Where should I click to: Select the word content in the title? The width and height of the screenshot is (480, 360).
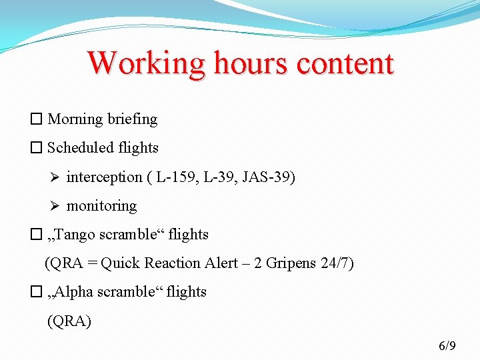[x=345, y=63]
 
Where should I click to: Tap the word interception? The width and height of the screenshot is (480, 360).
[x=104, y=177]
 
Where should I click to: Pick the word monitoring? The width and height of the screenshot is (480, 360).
[x=101, y=206]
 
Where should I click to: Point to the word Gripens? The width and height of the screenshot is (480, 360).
[x=292, y=263]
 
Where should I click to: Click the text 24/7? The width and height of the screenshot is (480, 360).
[x=335, y=263]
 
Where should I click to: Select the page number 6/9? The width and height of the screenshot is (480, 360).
[x=447, y=345]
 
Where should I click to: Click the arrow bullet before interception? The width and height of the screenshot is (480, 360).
[x=55, y=177]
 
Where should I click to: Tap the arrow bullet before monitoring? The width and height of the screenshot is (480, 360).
[x=55, y=206]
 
